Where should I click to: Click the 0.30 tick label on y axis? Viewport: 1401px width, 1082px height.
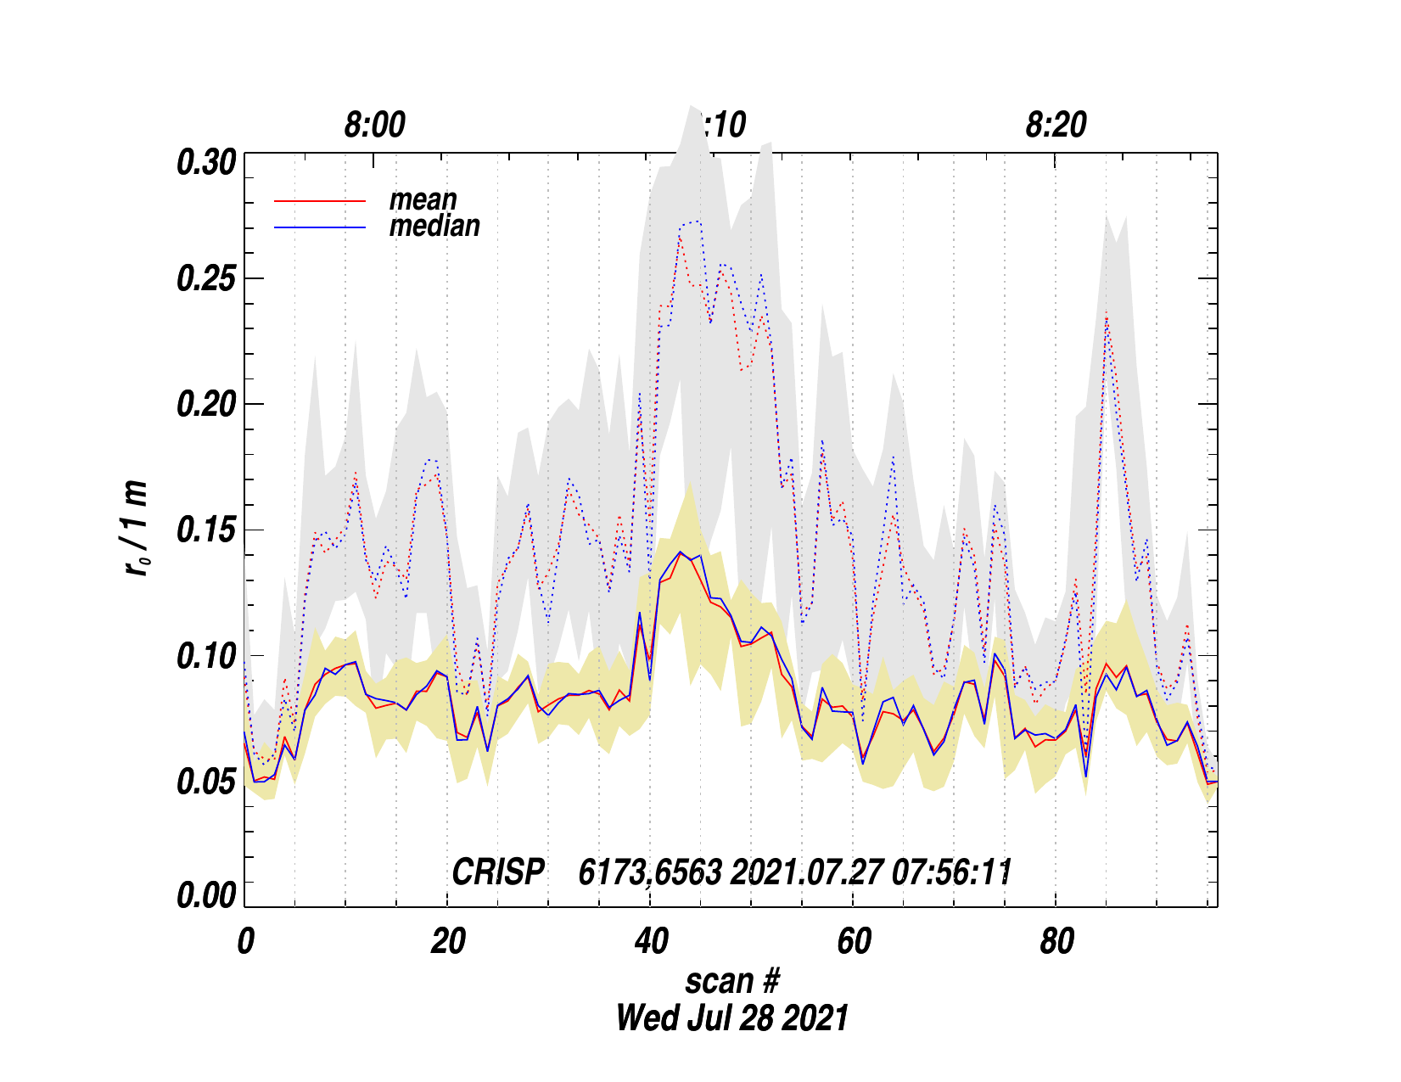(205, 162)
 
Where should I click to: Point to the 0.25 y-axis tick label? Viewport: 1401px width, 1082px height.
(205, 279)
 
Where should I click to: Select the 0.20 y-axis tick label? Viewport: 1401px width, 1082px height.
(205, 405)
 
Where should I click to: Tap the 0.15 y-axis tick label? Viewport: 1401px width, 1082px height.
(205, 530)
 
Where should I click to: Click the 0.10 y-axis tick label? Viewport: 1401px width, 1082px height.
(205, 656)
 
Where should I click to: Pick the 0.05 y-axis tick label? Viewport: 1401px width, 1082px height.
(205, 782)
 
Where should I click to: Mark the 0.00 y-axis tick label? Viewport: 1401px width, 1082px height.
(205, 896)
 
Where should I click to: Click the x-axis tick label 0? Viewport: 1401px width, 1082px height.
(245, 942)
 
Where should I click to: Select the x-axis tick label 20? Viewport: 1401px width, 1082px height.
(447, 942)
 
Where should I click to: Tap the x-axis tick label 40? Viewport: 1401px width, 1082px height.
(650, 942)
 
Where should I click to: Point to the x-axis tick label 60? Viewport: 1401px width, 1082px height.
(853, 942)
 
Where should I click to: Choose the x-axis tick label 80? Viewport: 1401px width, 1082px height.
(1056, 942)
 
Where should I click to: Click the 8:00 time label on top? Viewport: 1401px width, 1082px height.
(374, 126)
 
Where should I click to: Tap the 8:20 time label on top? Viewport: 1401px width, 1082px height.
(1056, 126)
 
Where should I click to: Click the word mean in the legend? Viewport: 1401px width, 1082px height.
(423, 200)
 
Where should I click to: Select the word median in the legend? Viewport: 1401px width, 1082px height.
(434, 226)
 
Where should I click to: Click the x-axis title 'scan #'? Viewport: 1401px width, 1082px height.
(731, 981)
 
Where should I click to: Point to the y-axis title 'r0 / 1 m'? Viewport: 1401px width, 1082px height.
(137, 529)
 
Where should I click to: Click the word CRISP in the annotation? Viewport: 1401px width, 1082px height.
(497, 872)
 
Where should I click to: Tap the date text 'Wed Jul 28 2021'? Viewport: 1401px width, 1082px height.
(731, 1018)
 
